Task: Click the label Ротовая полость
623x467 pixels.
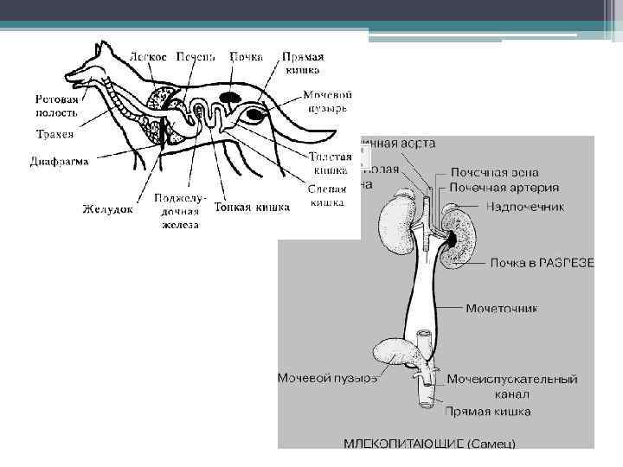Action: click(56, 106)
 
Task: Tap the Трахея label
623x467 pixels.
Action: click(55, 135)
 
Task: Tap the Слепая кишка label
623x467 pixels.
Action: click(327, 197)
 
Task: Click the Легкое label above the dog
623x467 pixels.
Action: click(148, 55)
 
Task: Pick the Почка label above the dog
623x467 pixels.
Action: click(247, 55)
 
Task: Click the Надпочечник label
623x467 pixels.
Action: click(524, 207)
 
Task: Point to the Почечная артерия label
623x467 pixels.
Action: click(504, 187)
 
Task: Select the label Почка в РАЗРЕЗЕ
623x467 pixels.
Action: click(542, 262)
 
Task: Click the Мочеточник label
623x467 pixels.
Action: click(502, 307)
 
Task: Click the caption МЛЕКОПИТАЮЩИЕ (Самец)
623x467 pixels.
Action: click(429, 444)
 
